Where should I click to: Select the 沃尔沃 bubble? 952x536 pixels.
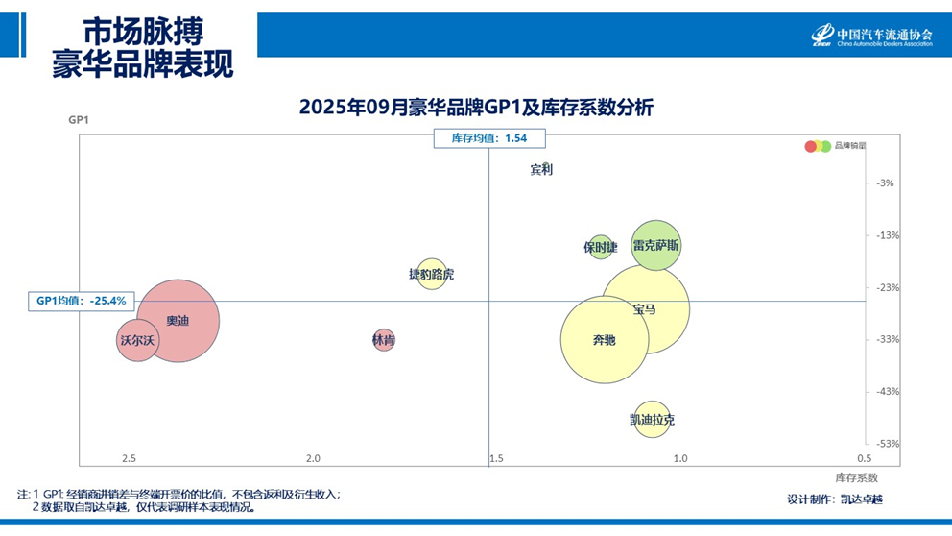(x=136, y=340)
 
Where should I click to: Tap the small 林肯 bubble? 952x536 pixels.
(x=384, y=340)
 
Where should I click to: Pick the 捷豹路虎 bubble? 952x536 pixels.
(x=432, y=275)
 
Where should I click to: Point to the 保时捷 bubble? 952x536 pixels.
(x=601, y=247)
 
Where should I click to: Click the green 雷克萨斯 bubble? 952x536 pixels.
(x=656, y=246)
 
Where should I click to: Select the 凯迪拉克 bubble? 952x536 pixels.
(x=652, y=420)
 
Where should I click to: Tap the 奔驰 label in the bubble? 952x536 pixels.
(x=604, y=340)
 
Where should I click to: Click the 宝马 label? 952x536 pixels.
(x=645, y=309)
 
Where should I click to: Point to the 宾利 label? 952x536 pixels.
(x=541, y=170)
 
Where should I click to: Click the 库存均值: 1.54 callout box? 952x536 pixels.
(x=489, y=138)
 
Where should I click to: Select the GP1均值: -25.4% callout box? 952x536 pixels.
(x=82, y=301)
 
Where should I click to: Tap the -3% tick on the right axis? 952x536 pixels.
(x=885, y=183)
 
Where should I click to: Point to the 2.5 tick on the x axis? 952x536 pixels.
(x=130, y=458)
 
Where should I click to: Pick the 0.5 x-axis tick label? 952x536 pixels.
(x=865, y=458)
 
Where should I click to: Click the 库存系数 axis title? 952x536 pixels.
(x=856, y=477)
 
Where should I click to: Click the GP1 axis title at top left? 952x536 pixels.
(x=79, y=121)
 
